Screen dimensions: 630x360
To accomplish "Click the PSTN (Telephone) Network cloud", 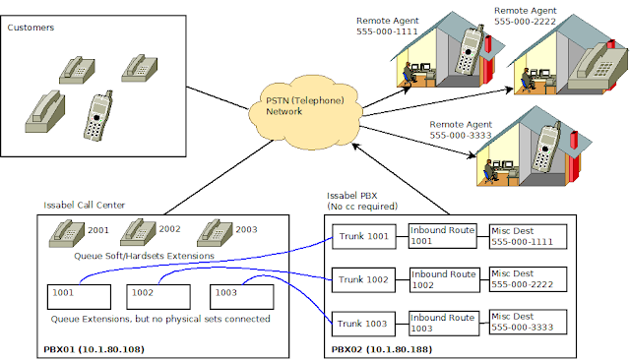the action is click(305, 111).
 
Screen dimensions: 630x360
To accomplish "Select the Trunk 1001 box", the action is click(364, 236).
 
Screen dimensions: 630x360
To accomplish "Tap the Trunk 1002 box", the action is click(363, 279).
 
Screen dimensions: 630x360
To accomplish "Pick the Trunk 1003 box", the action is click(363, 324).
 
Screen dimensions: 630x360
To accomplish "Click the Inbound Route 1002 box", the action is click(444, 279).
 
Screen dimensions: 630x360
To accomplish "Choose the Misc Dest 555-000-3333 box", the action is click(528, 322).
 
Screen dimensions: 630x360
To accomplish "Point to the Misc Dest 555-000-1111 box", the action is click(528, 237).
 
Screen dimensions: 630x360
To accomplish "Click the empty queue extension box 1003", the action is click(242, 297).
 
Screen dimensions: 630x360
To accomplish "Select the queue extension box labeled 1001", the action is click(79, 297).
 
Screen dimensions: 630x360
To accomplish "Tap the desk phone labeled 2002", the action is click(138, 232).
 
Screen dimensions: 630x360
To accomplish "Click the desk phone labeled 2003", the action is click(215, 233).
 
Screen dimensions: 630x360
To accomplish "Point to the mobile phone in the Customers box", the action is click(98, 116).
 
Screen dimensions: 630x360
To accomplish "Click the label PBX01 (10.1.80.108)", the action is click(94, 349).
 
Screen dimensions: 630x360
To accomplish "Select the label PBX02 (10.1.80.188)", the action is click(382, 349).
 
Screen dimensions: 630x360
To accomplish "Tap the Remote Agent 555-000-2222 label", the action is click(525, 16).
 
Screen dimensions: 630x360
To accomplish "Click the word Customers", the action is click(31, 28).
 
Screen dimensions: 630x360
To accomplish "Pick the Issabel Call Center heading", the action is click(85, 206).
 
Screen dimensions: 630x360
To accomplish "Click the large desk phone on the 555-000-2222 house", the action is click(598, 66).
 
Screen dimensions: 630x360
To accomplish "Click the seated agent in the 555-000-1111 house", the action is click(409, 73).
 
